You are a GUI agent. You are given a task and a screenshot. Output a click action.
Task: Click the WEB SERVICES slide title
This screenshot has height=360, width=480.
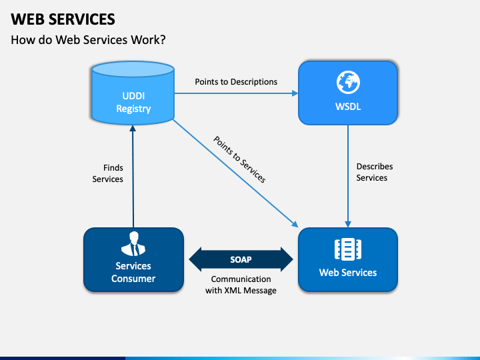tap(63, 19)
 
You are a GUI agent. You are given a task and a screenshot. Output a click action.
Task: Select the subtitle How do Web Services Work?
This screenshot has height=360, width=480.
tap(88, 40)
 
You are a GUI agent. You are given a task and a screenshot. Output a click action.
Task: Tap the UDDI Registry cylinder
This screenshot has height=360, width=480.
tap(133, 93)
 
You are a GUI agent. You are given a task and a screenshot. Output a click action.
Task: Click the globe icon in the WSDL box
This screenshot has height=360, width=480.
tap(348, 82)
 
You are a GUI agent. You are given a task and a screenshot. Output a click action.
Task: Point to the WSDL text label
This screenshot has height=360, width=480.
tap(348, 107)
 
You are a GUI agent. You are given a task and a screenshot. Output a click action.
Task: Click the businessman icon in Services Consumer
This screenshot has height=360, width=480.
tap(133, 244)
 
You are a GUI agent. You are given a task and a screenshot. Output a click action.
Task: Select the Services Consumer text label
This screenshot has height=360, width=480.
tap(133, 272)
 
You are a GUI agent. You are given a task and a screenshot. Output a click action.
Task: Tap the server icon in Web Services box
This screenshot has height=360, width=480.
tap(348, 249)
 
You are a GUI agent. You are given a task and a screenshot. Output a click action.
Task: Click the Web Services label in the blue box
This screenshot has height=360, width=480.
tap(348, 273)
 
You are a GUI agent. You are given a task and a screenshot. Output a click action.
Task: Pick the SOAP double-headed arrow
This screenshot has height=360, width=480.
tap(241, 259)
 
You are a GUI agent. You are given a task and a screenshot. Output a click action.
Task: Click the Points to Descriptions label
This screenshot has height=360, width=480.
tap(236, 82)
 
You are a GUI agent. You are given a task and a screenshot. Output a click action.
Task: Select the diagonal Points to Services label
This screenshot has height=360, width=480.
tap(239, 159)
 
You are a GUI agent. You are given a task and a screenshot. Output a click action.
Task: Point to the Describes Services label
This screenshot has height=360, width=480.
tap(375, 172)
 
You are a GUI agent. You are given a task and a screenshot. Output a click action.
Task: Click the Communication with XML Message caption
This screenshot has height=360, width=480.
tap(241, 285)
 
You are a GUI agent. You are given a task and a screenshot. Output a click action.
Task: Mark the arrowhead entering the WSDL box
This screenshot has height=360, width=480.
tap(295, 93)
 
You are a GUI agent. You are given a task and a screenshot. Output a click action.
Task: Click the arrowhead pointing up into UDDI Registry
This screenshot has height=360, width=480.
tap(133, 128)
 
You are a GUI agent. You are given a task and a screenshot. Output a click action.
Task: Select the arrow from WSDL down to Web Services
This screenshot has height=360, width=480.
tap(348, 176)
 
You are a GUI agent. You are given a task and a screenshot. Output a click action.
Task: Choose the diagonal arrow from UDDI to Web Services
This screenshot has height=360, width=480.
tap(235, 173)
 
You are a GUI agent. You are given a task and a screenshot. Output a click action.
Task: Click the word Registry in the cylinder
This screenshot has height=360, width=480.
tap(133, 109)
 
